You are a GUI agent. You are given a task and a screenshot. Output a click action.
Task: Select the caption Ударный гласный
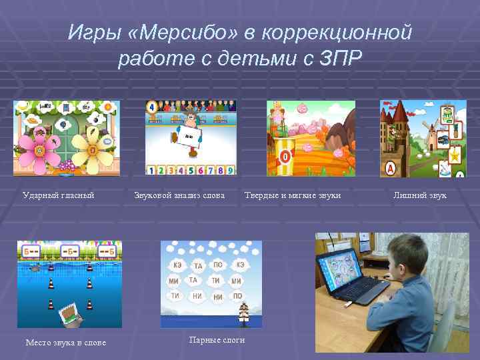(x=59, y=195)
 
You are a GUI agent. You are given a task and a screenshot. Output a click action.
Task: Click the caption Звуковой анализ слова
(x=179, y=195)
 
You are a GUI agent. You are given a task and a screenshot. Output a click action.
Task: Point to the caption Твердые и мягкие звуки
(x=293, y=195)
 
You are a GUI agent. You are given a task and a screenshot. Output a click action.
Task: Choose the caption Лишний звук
(x=420, y=195)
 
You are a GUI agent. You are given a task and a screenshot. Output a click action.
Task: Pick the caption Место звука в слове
(x=65, y=343)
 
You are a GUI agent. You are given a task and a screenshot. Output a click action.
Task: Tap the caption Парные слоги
(x=217, y=340)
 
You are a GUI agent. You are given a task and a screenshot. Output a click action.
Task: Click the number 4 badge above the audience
(x=151, y=107)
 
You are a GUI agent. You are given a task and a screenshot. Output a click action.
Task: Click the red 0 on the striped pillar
(x=285, y=158)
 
